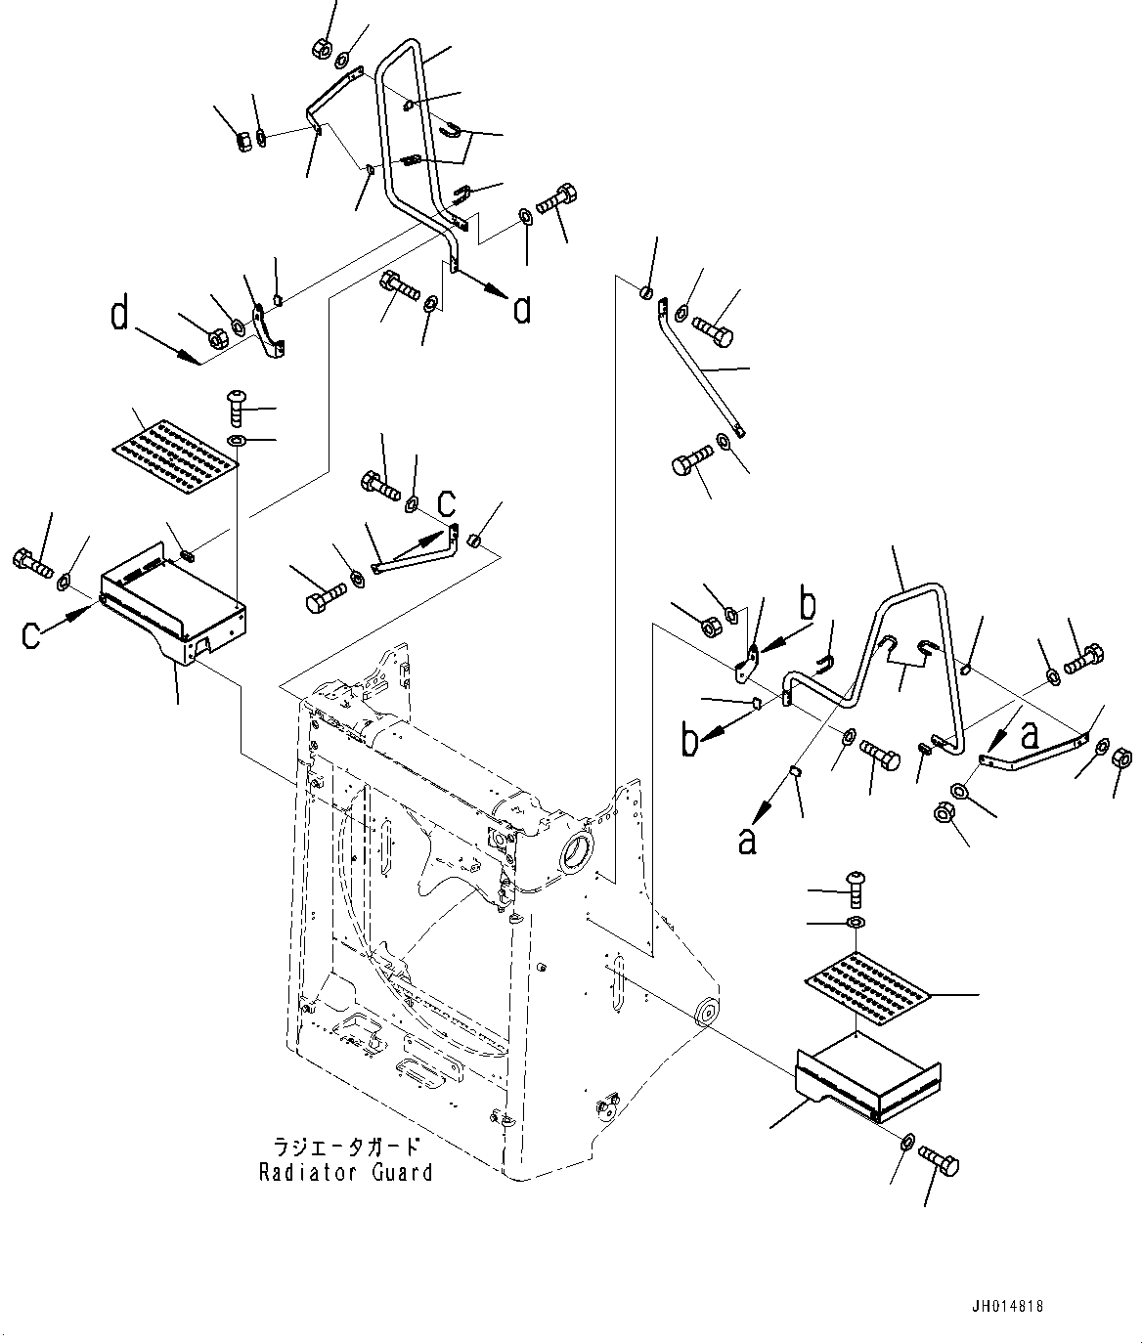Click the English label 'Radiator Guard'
pyautogui.click(x=345, y=1172)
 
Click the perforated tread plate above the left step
pyautogui.click(x=173, y=451)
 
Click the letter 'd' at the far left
pyautogui.click(x=119, y=316)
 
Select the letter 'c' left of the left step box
pyautogui.click(x=32, y=635)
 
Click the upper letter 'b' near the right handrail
pyautogui.click(x=807, y=606)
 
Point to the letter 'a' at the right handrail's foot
pyautogui.click(x=1029, y=736)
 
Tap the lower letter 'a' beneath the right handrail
pyautogui.click(x=747, y=839)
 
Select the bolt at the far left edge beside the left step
pyautogui.click(x=29, y=562)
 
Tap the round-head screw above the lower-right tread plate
pyautogui.click(x=856, y=883)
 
